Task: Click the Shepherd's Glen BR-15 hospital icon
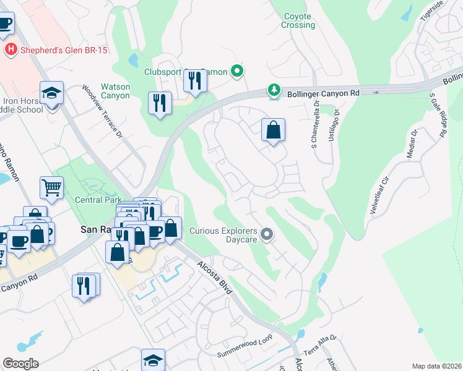coord(10,49)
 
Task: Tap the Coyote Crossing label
coord(298,21)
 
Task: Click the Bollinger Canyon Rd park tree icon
coord(274,91)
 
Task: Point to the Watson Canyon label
coord(116,92)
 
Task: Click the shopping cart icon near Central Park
coord(51,187)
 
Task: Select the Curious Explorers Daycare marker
coord(267,234)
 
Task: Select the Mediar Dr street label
coord(412,145)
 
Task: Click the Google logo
coord(20,364)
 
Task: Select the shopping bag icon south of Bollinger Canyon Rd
coord(272,130)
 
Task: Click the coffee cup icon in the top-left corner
coord(5,23)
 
